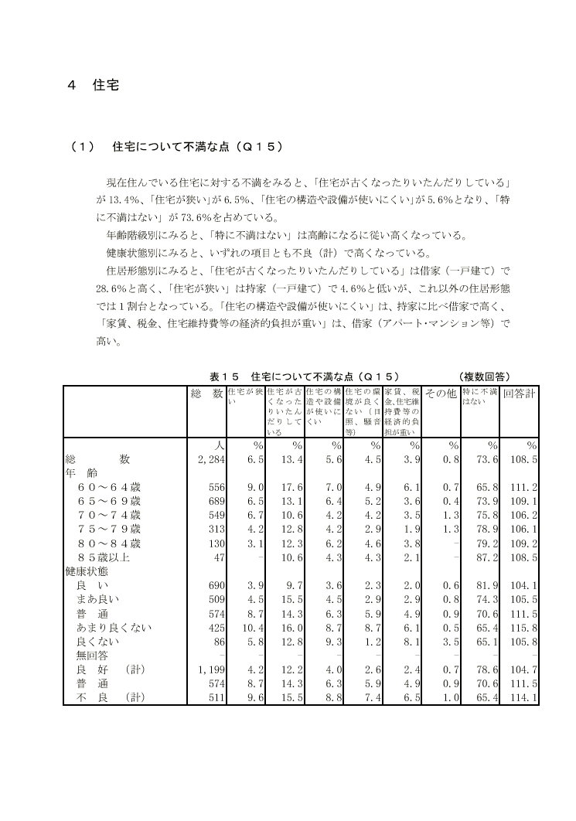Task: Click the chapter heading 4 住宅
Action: pos(93,84)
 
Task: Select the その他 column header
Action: pos(441,394)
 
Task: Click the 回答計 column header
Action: pos(520,394)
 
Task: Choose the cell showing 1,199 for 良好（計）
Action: pos(211,669)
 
